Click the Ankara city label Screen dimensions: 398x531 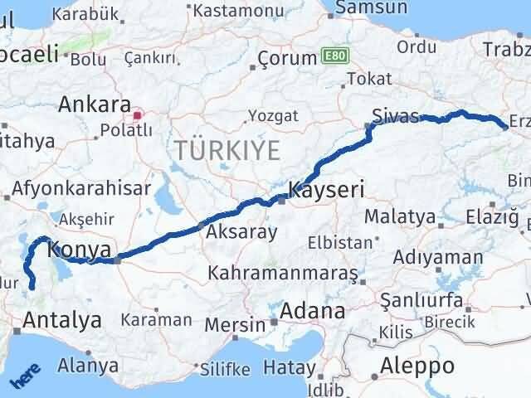(94, 105)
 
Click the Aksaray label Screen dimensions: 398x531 (241, 232)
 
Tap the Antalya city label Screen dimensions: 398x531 (63, 318)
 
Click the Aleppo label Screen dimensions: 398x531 (417, 366)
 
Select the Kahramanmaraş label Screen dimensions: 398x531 (283, 272)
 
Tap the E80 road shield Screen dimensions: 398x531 (332, 57)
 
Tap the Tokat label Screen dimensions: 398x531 (369, 79)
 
